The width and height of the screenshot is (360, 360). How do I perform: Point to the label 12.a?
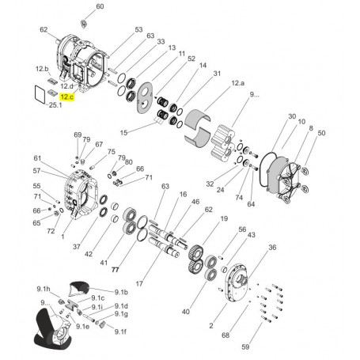[238, 81]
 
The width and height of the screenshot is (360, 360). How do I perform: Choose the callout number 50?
[321, 134]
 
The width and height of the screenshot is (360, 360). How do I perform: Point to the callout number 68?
[225, 335]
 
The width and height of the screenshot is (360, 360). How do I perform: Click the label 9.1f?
[120, 332]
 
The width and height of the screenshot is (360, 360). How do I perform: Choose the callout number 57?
[37, 170]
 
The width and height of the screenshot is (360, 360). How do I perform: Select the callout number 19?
[224, 218]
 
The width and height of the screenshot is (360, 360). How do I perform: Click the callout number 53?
[138, 31]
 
